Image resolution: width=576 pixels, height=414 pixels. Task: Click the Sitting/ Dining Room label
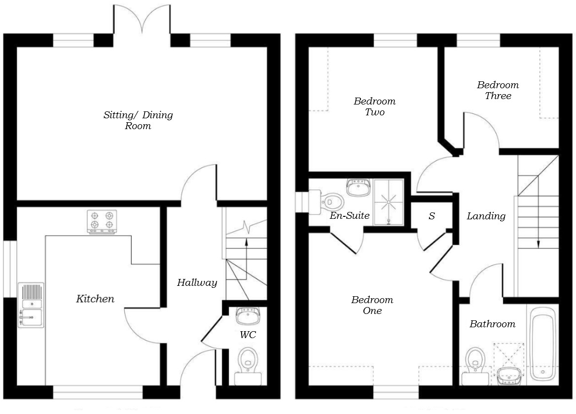point(138,120)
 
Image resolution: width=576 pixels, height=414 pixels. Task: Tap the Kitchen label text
point(95,299)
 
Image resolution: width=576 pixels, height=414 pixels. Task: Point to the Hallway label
point(197,283)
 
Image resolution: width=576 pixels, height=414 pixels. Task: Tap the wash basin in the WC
point(248,315)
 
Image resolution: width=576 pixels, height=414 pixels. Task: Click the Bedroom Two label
point(374,106)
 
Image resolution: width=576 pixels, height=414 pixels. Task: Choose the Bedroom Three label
point(498,90)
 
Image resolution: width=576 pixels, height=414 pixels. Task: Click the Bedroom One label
point(372,305)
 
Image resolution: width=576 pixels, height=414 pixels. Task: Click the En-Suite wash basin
point(359,187)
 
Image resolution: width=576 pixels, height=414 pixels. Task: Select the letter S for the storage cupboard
point(432,216)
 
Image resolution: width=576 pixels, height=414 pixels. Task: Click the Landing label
point(486,216)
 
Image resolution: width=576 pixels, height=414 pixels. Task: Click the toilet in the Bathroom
point(475,364)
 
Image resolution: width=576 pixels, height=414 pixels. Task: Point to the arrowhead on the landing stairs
point(538,243)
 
